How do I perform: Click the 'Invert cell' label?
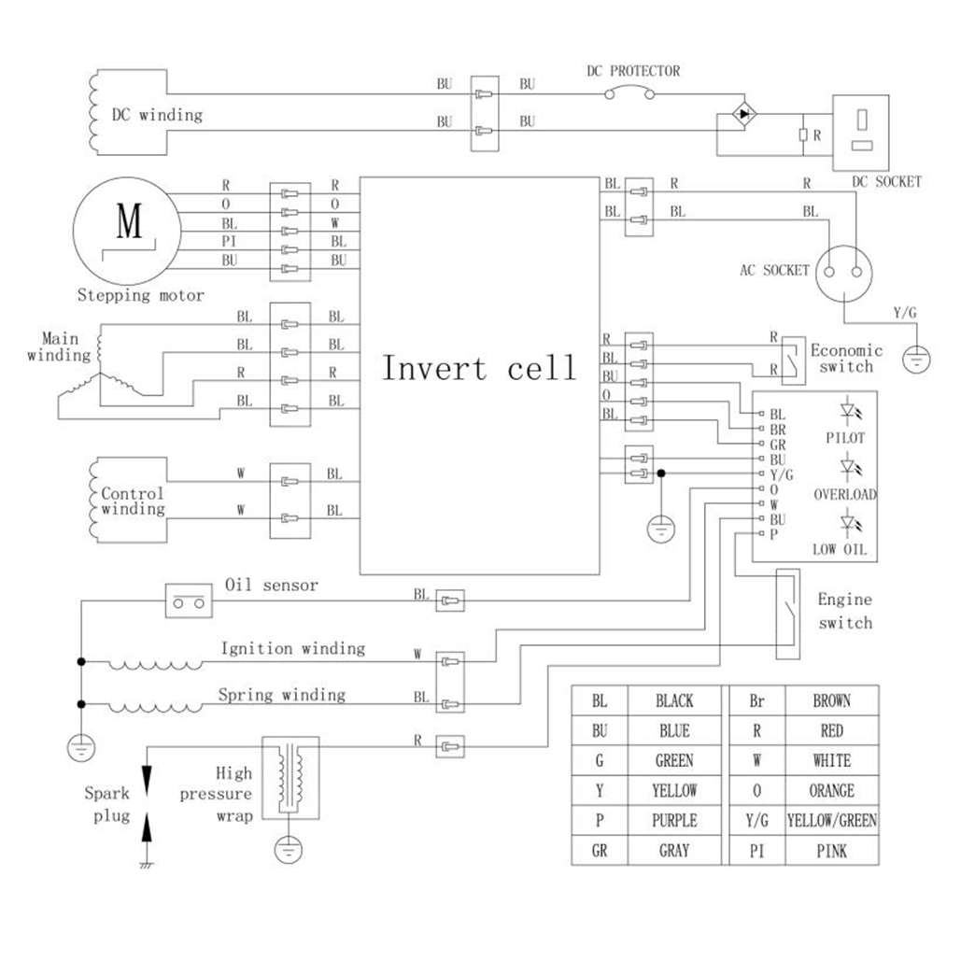pos(479,367)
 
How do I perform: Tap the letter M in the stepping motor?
pos(129,222)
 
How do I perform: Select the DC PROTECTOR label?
pos(633,71)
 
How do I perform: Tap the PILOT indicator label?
pos(845,437)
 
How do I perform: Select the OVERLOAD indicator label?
pos(845,494)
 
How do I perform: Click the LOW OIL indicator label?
pos(840,549)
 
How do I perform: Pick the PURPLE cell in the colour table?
pos(674,821)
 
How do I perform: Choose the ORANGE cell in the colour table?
pos(831,791)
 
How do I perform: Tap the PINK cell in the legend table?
pos(831,851)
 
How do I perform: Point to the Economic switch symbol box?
pos(791,359)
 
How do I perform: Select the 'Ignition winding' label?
pos(292,648)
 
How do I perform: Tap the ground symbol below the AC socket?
pos(917,356)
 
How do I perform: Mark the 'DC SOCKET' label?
pos(886,182)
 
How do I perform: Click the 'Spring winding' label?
pos(281,695)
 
